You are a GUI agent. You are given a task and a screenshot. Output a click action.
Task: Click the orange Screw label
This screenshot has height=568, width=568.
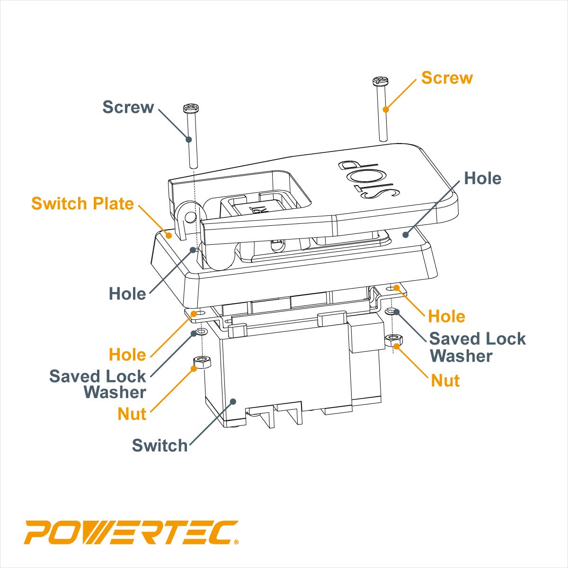click(x=447, y=78)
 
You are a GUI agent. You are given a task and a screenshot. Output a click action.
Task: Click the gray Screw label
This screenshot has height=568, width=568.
click(x=128, y=107)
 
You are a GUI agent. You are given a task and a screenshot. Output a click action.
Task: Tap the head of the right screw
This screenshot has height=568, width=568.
click(x=380, y=81)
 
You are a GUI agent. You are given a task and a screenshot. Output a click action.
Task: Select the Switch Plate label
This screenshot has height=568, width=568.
click(x=83, y=204)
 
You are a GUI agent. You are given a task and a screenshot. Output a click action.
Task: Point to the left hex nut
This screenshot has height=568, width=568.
click(x=202, y=363)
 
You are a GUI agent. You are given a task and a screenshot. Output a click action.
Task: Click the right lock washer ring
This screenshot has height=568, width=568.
click(x=391, y=311)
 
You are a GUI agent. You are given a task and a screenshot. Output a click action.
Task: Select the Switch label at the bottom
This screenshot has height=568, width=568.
click(x=160, y=445)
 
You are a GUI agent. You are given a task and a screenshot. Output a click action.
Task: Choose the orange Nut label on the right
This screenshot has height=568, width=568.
click(x=445, y=381)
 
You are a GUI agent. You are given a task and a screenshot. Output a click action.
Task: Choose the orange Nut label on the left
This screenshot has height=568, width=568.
click(x=132, y=414)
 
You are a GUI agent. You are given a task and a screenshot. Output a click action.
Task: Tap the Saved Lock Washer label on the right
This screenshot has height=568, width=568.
click(x=477, y=347)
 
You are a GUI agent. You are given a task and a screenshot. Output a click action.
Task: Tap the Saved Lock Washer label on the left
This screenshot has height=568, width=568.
click(x=98, y=384)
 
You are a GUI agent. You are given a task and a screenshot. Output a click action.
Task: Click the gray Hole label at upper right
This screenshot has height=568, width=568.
click(x=482, y=178)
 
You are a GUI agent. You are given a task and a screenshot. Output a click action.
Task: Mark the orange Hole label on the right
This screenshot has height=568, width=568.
click(x=446, y=317)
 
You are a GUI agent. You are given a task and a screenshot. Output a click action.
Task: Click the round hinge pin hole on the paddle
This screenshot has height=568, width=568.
click(x=190, y=217)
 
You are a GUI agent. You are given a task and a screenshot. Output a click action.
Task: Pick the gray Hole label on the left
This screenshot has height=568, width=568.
click(x=127, y=294)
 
